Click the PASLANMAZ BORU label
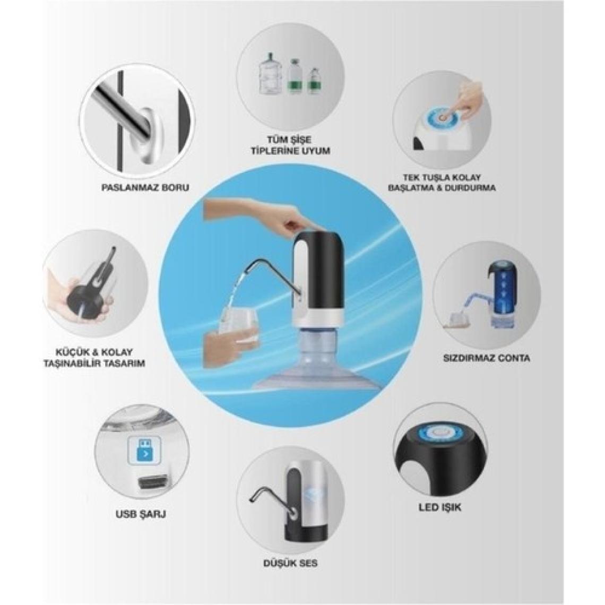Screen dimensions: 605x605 point(145,187)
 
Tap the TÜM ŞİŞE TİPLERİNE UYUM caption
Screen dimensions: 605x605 point(290,145)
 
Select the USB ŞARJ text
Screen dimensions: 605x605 point(141,514)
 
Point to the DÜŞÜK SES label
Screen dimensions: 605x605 point(290,563)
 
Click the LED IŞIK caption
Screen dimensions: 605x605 point(440,507)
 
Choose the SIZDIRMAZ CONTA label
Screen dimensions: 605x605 point(487,358)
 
